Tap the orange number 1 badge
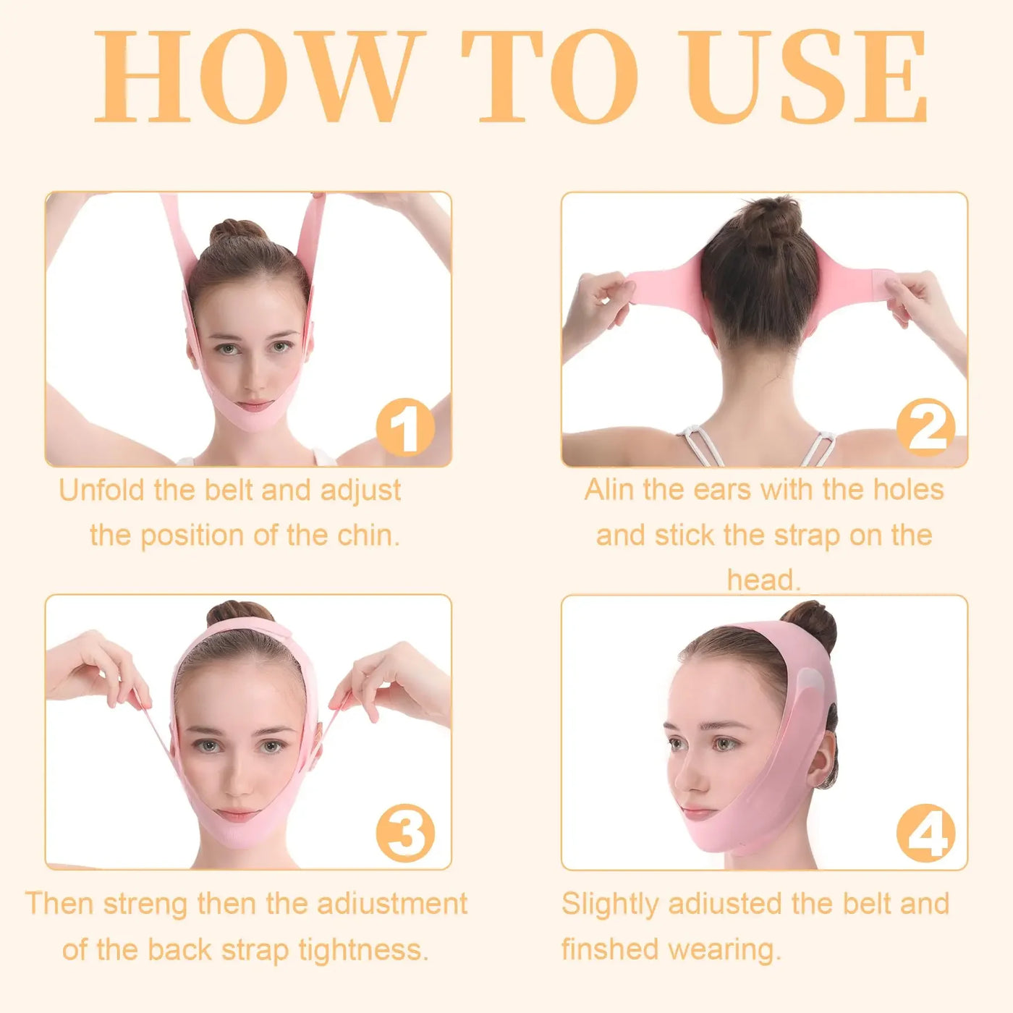pyautogui.click(x=405, y=428)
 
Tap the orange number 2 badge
pyautogui.click(x=925, y=428)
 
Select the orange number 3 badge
pyautogui.click(x=405, y=832)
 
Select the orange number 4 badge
pyautogui.click(x=925, y=832)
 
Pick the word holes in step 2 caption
pyautogui.click(x=908, y=490)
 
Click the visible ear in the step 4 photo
pyautogui.click(x=823, y=760)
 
